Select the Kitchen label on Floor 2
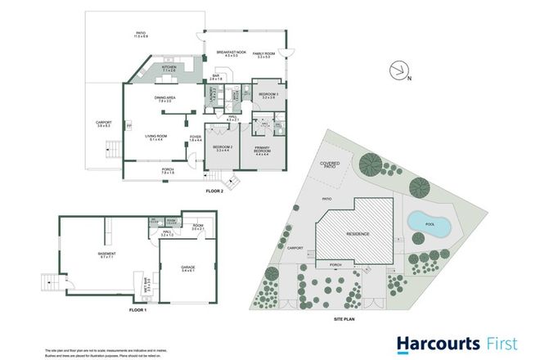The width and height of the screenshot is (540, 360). (x=170, y=68)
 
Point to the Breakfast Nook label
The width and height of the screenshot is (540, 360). (x=232, y=53)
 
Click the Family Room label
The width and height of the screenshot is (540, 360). (x=263, y=53)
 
